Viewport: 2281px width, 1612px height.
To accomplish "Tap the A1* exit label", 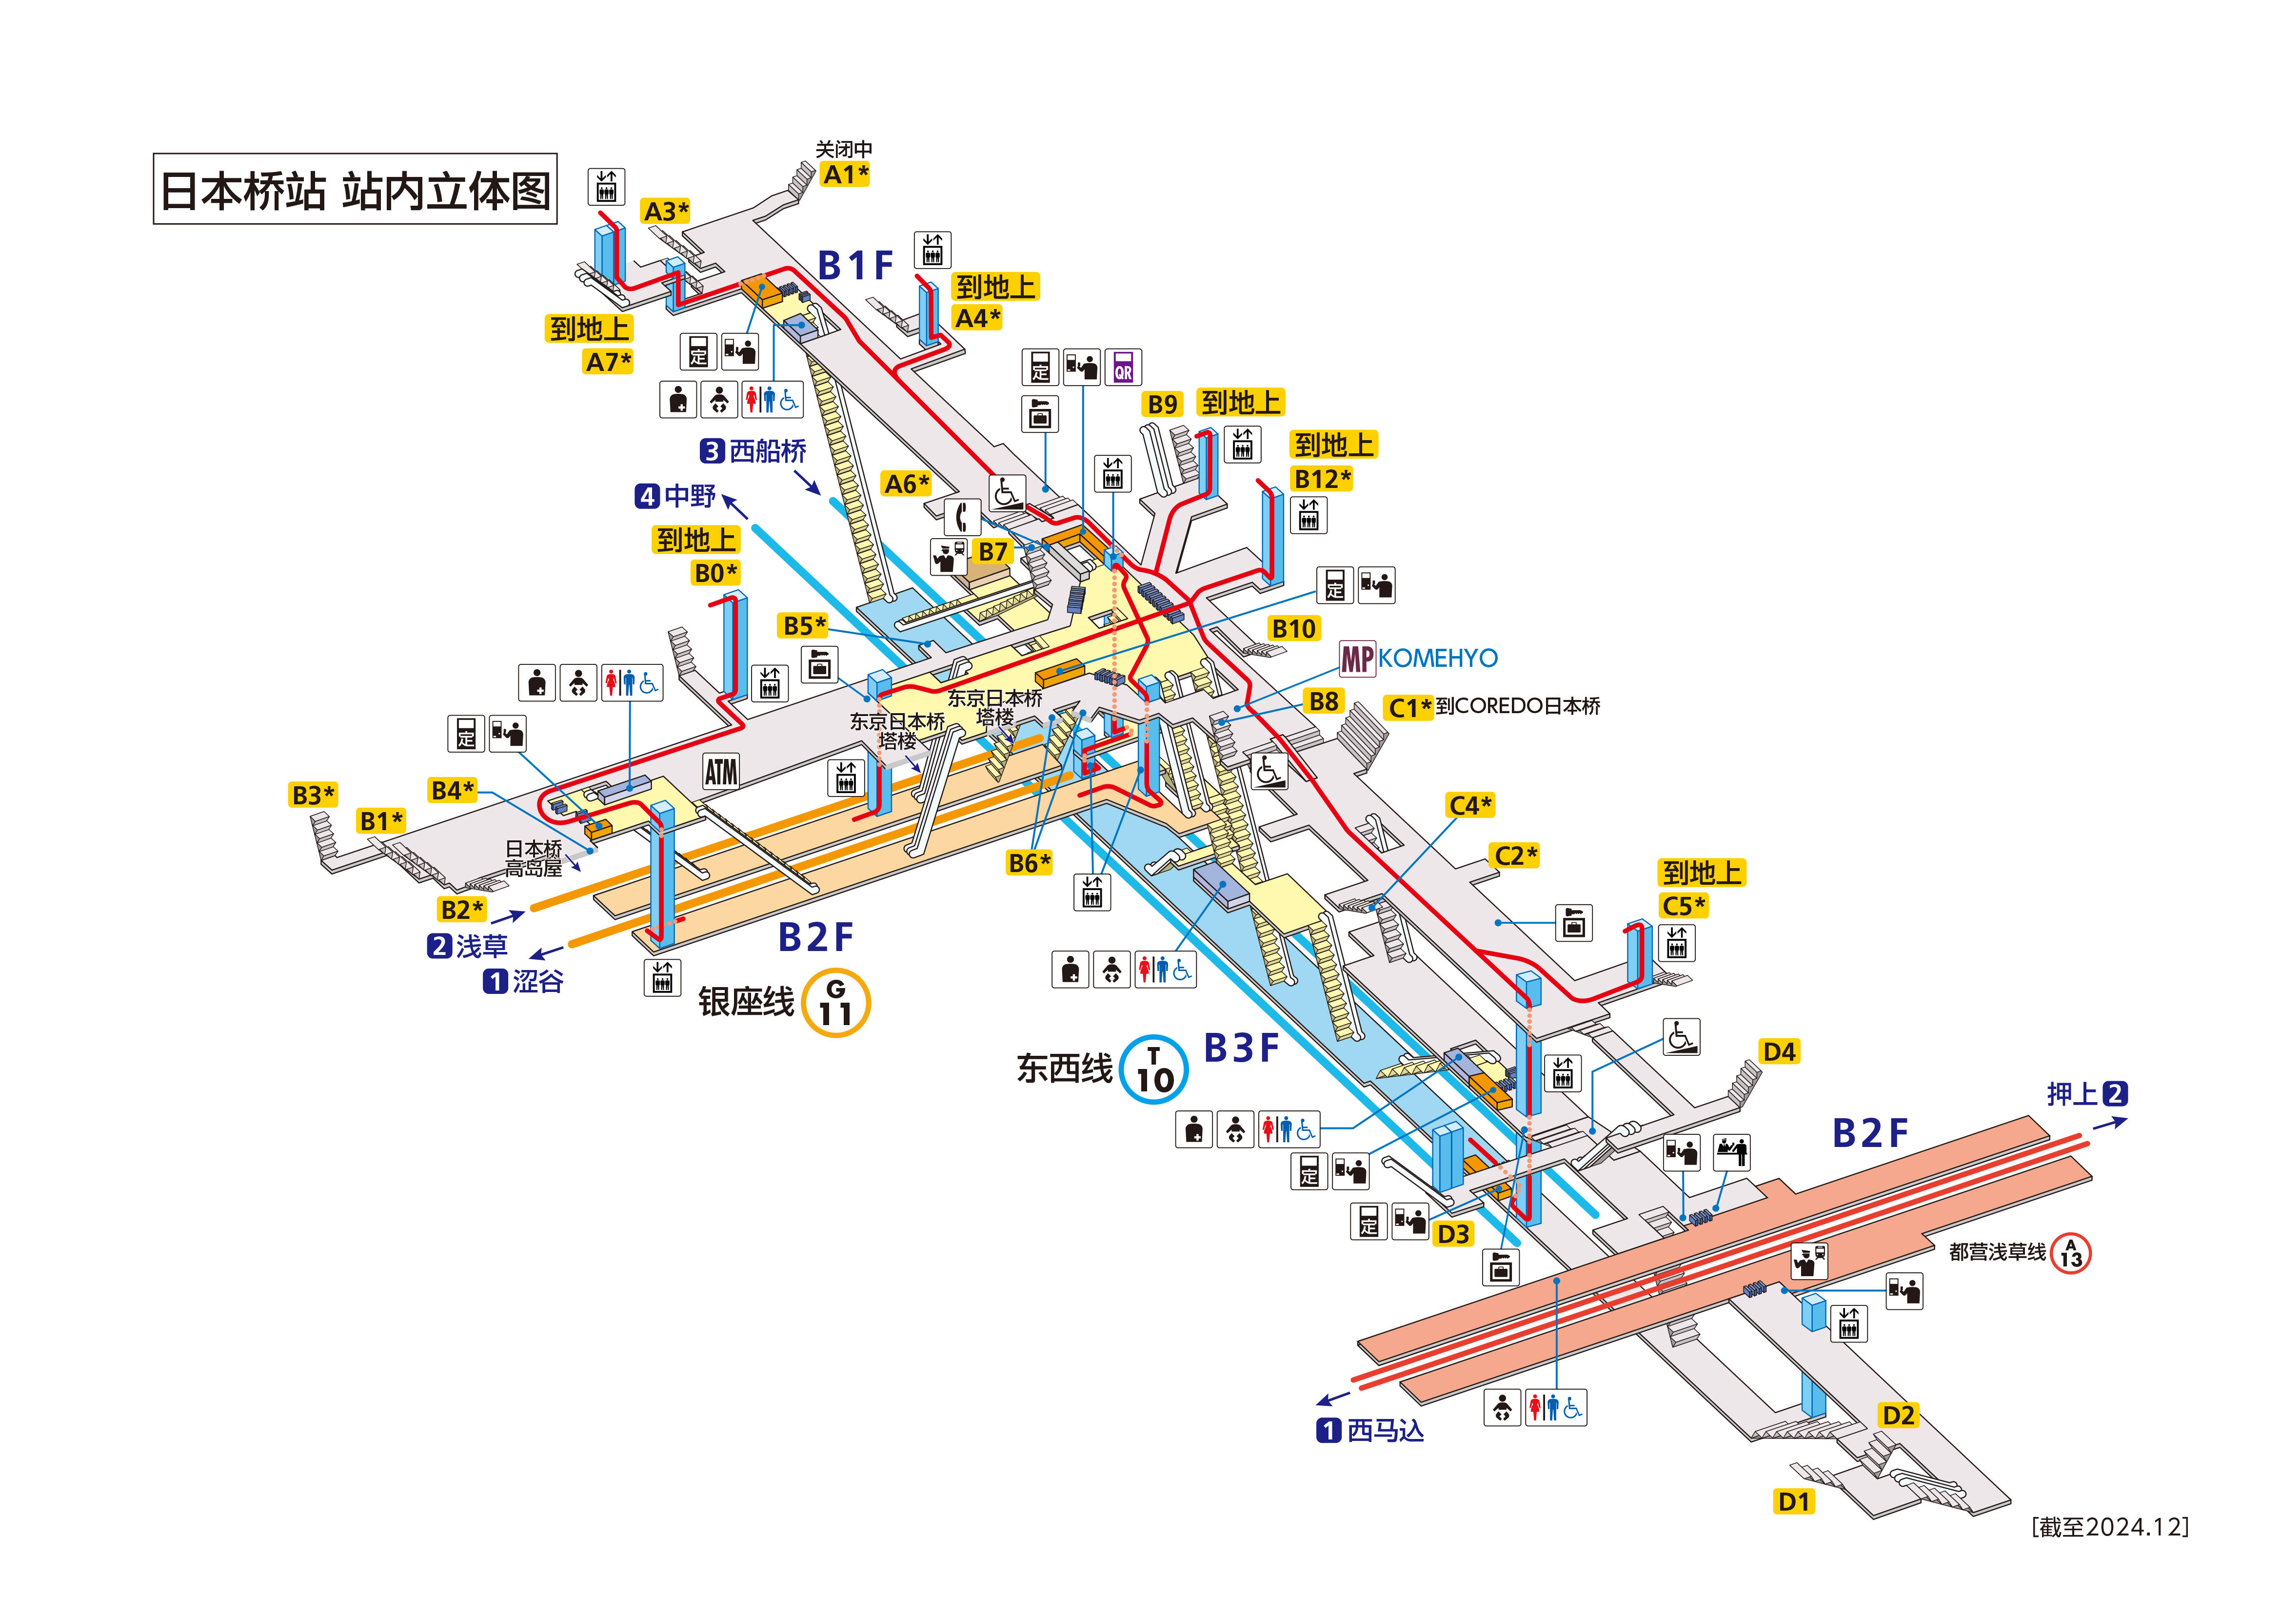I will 846,175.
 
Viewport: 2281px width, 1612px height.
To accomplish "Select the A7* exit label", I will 608,362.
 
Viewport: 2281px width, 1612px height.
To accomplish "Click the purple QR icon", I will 1123,368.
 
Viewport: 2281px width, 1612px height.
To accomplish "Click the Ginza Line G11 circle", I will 835,1003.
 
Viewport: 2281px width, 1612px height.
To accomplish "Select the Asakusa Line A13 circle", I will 2070,1252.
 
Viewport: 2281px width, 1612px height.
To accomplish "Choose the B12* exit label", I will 1321,479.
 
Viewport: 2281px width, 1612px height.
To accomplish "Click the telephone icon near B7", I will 961,517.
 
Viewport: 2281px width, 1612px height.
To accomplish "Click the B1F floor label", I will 855,265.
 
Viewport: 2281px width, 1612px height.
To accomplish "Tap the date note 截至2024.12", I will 2110,1527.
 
